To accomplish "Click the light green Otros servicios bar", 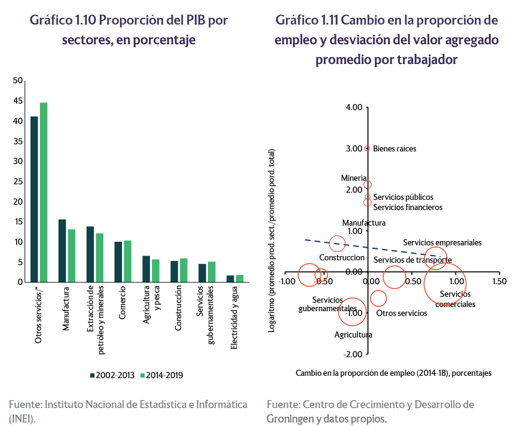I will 44,192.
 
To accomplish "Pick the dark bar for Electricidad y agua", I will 230,279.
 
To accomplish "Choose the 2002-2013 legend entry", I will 113,375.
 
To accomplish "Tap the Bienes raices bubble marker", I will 367,148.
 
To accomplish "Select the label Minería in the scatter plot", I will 353,178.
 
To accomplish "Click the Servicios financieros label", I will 408,208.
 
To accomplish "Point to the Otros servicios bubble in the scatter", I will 378,298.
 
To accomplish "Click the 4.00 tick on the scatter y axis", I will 354,108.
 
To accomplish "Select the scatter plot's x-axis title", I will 393,373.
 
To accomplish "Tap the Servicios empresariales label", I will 442,243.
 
